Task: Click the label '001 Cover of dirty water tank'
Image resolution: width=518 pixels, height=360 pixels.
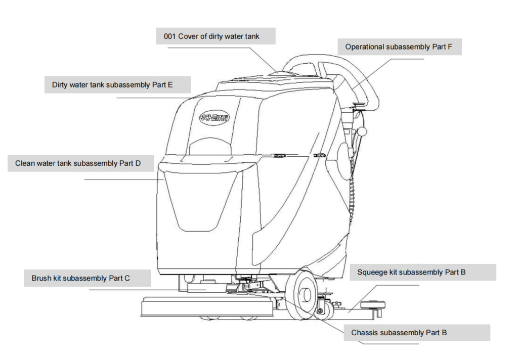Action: [x=215, y=36]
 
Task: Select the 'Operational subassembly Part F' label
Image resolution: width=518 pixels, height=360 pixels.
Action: [x=399, y=47]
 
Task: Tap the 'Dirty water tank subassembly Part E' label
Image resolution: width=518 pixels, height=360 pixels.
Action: [x=112, y=84]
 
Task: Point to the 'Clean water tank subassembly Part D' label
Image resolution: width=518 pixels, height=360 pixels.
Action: [x=81, y=163]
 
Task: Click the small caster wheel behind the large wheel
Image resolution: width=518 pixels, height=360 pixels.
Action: [x=324, y=310]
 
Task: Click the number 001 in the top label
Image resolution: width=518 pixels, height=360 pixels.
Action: [x=170, y=36]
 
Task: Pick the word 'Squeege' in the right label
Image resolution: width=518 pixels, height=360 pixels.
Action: [x=371, y=272]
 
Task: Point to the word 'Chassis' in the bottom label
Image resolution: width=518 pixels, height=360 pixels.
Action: [x=364, y=333]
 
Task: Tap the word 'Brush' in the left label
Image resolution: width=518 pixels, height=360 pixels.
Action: [x=41, y=278]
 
